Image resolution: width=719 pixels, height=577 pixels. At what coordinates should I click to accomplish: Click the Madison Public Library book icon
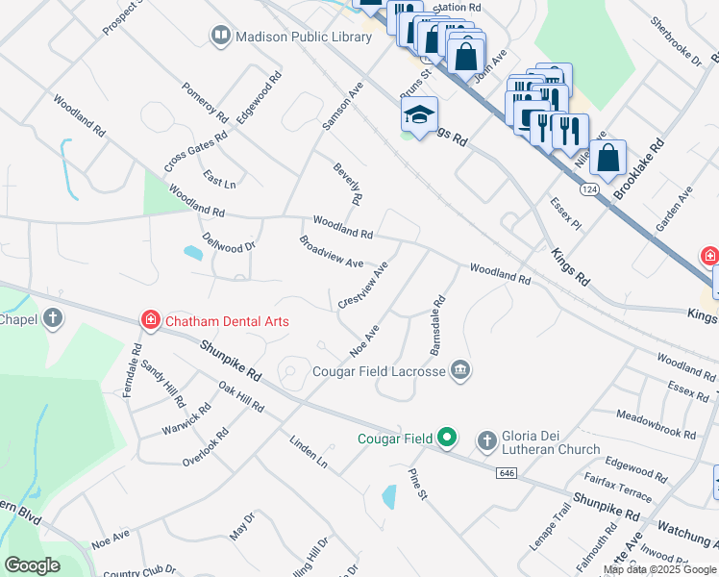(221, 37)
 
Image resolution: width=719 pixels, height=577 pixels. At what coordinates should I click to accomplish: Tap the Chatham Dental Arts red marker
(151, 320)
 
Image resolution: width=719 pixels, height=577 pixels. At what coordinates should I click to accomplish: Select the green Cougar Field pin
(446, 439)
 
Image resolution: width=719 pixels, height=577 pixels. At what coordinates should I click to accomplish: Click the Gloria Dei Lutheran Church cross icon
(487, 439)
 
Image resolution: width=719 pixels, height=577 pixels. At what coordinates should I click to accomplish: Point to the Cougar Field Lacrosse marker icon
(460, 370)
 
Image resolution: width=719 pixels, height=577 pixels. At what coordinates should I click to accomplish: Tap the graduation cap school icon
(419, 115)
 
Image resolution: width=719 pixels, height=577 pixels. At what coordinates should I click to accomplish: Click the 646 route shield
(508, 473)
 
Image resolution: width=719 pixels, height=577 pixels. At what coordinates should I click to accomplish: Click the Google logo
(32, 565)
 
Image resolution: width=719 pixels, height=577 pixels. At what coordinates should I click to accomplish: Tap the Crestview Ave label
(363, 285)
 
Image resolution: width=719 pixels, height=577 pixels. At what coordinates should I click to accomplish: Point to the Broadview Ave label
(331, 252)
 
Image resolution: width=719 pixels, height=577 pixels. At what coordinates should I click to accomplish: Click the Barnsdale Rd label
(437, 329)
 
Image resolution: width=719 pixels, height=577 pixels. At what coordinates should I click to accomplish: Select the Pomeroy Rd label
(205, 103)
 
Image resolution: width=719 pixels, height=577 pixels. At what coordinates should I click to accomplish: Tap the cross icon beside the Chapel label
(53, 316)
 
